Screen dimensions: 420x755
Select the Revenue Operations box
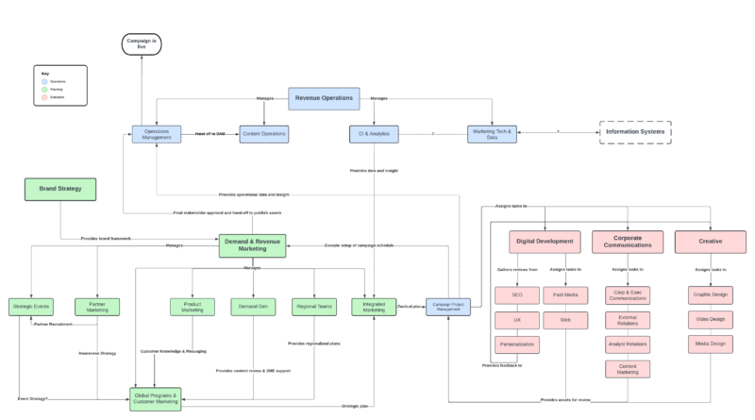pos(325,97)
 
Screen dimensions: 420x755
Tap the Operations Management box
pos(156,134)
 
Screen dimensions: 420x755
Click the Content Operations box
pos(264,134)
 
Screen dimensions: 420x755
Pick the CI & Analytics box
pos(374,134)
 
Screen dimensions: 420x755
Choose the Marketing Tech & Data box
pos(492,134)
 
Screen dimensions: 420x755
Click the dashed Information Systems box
pos(635,132)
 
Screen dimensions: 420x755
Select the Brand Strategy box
pos(60,190)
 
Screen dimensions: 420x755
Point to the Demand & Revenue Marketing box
pos(252,245)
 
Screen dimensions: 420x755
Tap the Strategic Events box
pos(31,307)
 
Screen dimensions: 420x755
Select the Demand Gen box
pos(252,307)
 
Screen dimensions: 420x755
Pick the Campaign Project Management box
pos(448,307)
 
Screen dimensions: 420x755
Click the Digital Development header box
pos(543,242)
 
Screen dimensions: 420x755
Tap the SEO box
pos(516,295)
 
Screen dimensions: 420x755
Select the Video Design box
pos(710,320)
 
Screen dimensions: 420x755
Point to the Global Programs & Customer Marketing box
pos(156,398)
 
